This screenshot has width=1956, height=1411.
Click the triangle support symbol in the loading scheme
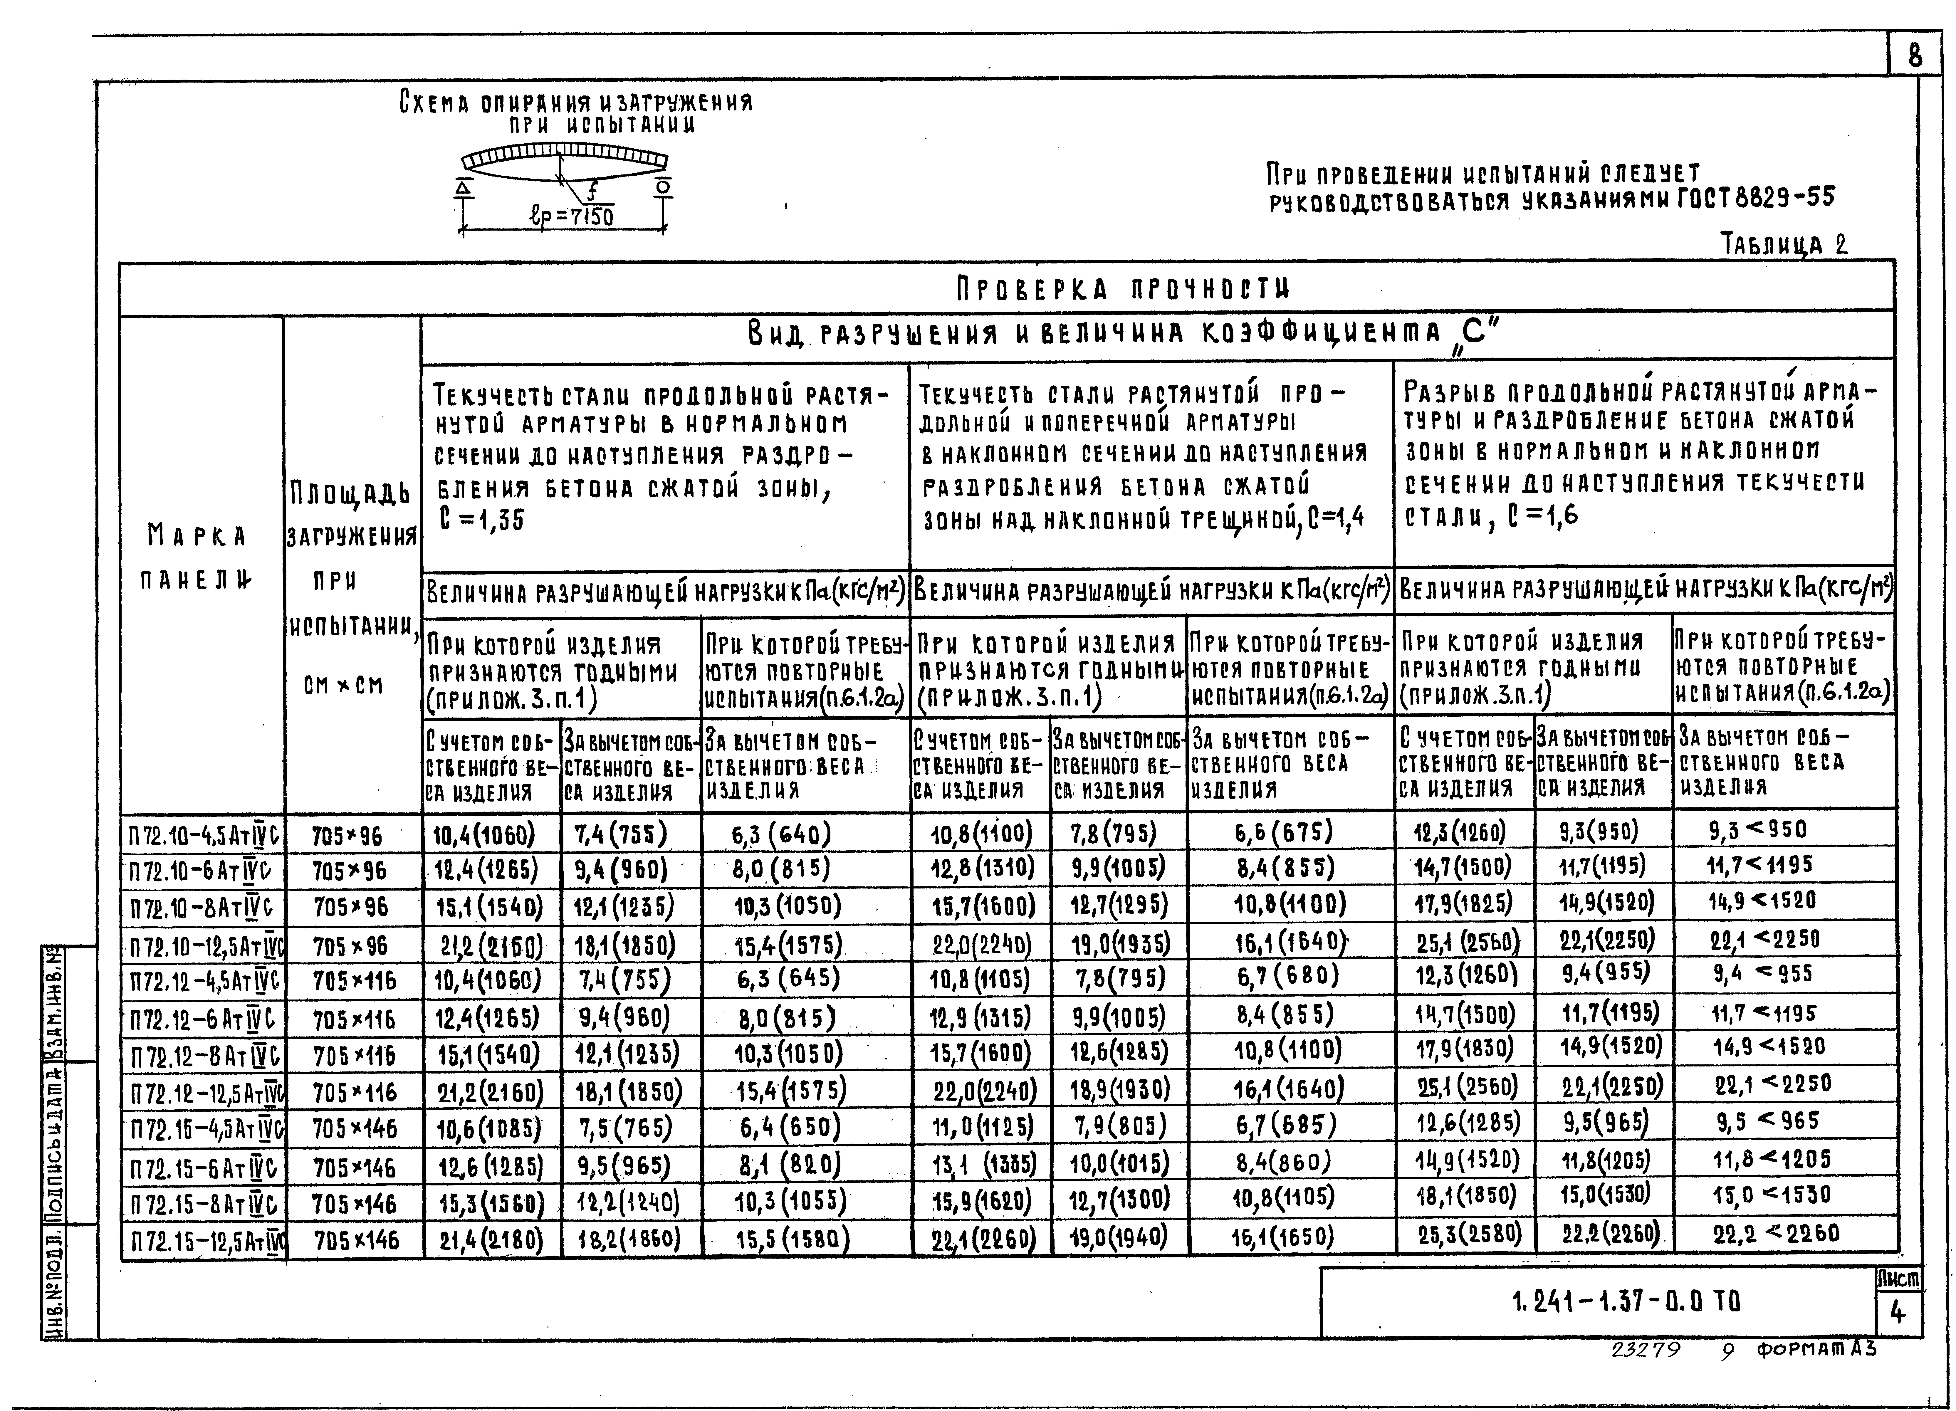click(464, 187)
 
